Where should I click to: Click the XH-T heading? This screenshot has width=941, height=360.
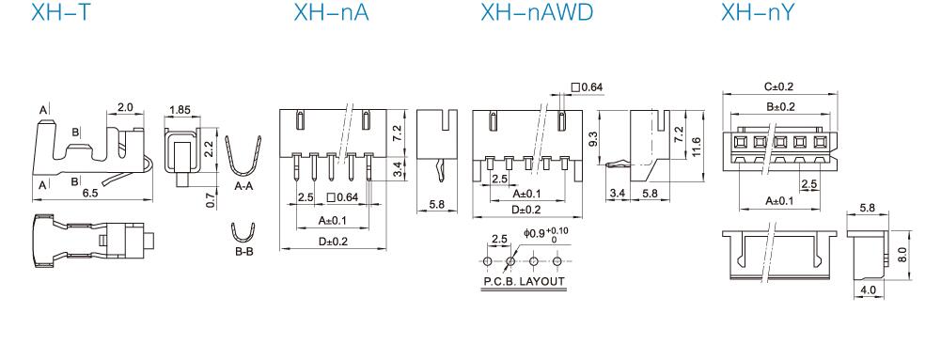[60, 12]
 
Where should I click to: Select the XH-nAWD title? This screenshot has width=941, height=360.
[537, 12]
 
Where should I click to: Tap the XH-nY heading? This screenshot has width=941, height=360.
[758, 12]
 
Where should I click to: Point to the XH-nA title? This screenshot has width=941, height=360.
[331, 12]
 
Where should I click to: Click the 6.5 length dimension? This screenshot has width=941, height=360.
[90, 193]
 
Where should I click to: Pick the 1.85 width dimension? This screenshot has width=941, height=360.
[180, 110]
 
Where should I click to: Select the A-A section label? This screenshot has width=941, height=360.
[243, 187]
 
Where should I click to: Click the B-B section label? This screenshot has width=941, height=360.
[243, 252]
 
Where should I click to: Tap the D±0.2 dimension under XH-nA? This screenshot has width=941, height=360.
[333, 242]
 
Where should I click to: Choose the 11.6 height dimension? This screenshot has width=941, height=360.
[695, 145]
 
